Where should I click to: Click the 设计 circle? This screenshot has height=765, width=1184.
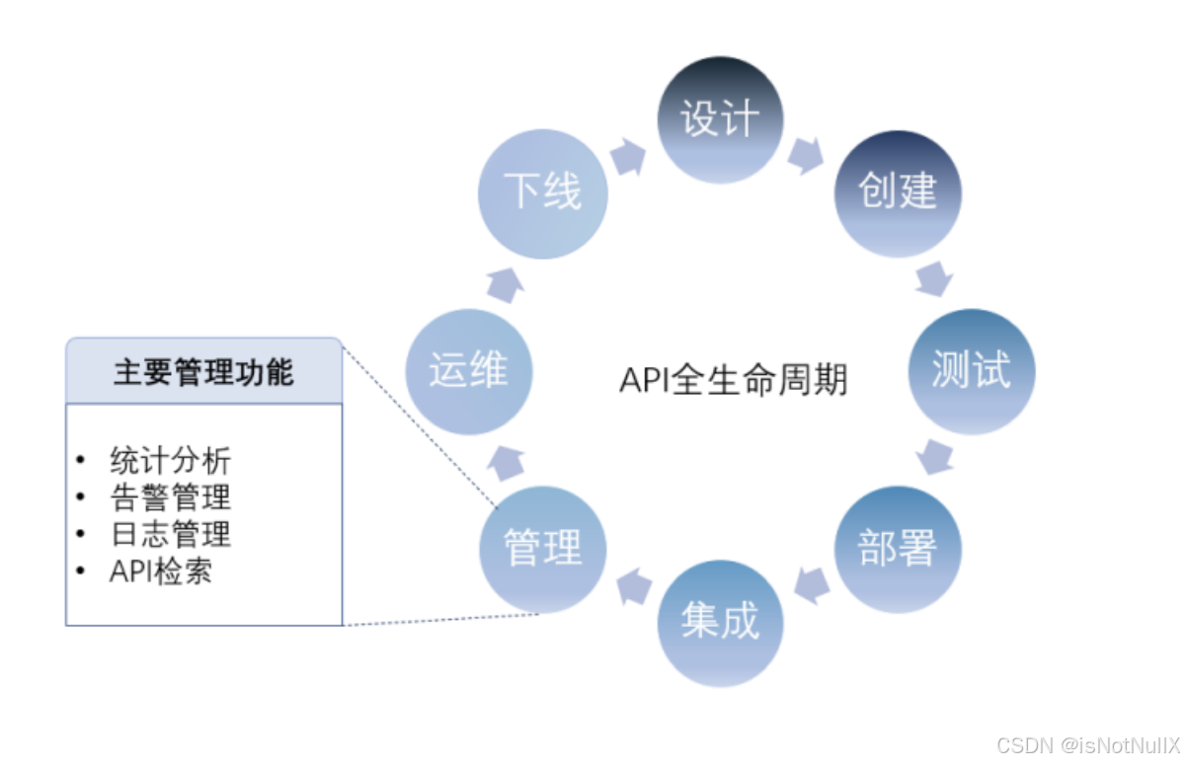coord(720,119)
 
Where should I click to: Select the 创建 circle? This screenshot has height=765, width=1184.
coord(897,193)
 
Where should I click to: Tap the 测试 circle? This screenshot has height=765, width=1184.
coord(971,371)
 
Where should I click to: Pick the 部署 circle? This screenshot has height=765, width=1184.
coord(897,549)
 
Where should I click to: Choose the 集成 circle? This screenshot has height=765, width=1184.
coord(720,623)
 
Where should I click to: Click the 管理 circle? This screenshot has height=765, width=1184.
coord(542,549)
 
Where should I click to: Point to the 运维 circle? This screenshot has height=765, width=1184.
coord(468,371)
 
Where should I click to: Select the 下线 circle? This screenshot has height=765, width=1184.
coord(542,193)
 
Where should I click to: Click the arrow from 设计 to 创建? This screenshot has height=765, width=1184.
coord(806,154)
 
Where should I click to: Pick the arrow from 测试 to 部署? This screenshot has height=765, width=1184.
coord(934,459)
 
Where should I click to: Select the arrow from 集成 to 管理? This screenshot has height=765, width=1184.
coord(632,585)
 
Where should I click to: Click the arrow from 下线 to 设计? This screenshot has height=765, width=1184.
coord(628,156)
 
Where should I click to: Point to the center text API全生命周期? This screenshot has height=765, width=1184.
coord(734,379)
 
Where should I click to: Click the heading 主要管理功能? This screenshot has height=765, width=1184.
coord(203,372)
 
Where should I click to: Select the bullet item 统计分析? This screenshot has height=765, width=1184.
coord(170,460)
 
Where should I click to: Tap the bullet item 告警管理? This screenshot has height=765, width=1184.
coord(170,497)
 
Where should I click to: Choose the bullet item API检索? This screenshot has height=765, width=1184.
coord(160,572)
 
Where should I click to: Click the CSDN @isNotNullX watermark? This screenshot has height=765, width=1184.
coord(1086,745)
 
